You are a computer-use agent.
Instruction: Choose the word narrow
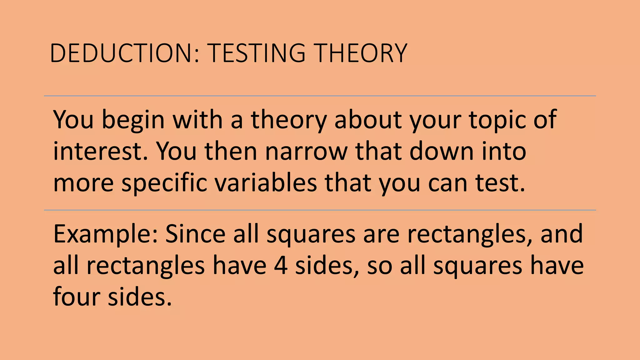pos(306,151)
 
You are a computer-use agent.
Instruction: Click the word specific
pos(164,183)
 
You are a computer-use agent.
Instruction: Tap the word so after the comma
pos(379,266)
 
